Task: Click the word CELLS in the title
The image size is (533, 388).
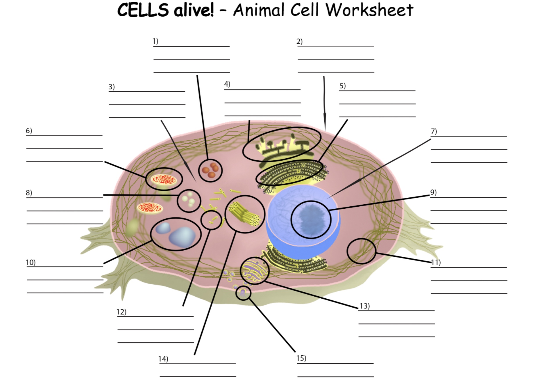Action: (x=143, y=10)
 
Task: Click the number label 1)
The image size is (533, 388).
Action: (x=155, y=41)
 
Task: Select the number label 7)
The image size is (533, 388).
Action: (x=434, y=131)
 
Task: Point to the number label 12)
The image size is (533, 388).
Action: (x=121, y=312)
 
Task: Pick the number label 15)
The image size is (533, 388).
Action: (x=301, y=358)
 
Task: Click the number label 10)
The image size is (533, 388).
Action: (x=31, y=263)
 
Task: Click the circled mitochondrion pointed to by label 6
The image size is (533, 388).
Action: (x=164, y=179)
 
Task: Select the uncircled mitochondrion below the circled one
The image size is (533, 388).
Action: (x=150, y=208)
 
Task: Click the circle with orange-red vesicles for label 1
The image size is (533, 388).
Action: (x=210, y=170)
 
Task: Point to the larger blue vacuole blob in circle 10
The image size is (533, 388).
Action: (x=183, y=237)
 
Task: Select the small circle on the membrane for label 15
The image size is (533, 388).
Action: (x=243, y=293)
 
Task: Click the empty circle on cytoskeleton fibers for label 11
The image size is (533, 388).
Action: (x=361, y=251)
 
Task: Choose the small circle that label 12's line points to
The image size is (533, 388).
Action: (x=211, y=220)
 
